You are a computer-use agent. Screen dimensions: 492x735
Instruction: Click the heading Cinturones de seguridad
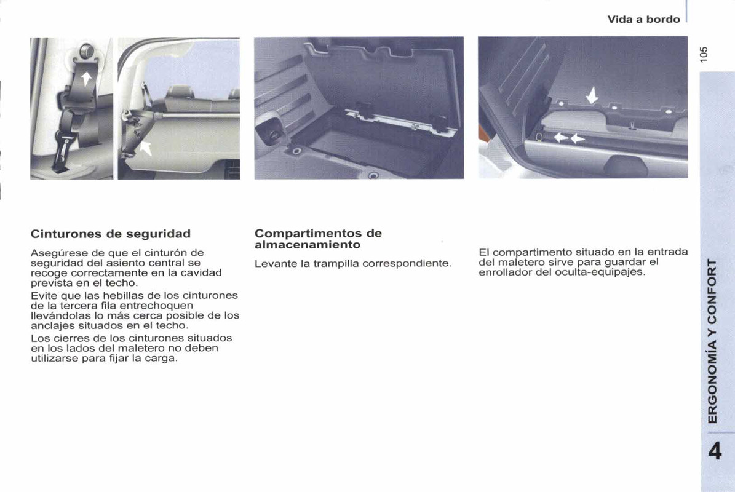point(111,234)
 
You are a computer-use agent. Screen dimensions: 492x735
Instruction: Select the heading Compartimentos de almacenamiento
point(318,239)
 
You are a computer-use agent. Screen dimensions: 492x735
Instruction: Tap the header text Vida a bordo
point(643,19)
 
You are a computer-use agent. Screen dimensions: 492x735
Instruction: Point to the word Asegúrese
point(57,252)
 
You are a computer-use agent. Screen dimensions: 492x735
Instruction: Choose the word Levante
point(275,263)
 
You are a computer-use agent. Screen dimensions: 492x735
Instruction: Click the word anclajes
point(51,325)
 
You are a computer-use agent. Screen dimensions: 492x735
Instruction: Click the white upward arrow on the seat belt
point(86,77)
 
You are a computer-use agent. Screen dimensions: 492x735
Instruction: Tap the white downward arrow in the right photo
point(592,96)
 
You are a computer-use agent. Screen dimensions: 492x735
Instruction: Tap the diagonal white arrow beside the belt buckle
point(146,148)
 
